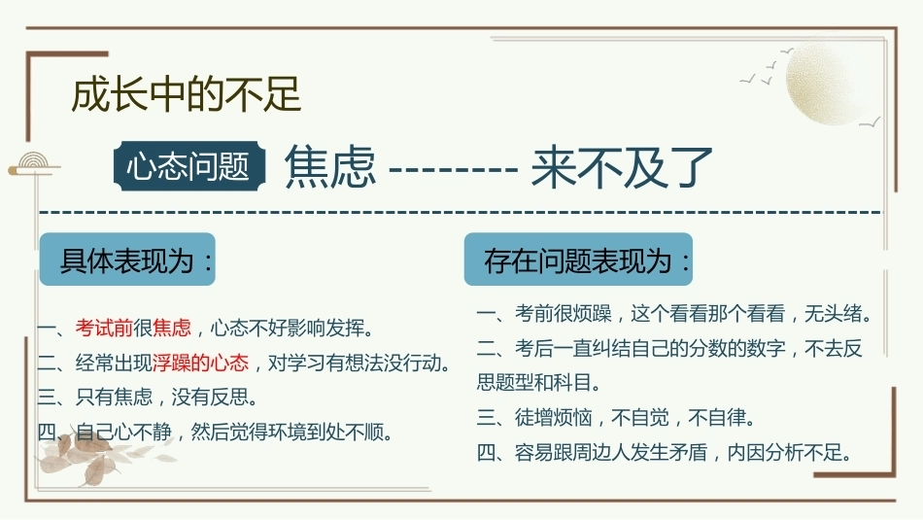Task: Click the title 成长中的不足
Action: click(186, 94)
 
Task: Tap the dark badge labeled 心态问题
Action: click(188, 166)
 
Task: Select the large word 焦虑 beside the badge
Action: click(330, 167)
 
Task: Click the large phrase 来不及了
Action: click(622, 168)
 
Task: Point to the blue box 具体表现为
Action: click(127, 260)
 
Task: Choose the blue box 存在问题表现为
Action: click(578, 260)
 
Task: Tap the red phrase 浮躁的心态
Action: click(201, 363)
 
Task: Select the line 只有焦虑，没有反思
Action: click(147, 398)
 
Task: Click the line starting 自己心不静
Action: click(215, 433)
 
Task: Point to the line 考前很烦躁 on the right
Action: click(674, 313)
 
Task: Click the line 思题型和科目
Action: click(538, 383)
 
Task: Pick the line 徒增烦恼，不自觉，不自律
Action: click(616, 418)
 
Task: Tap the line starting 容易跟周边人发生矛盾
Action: click(665, 452)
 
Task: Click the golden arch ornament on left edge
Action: click(34, 163)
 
